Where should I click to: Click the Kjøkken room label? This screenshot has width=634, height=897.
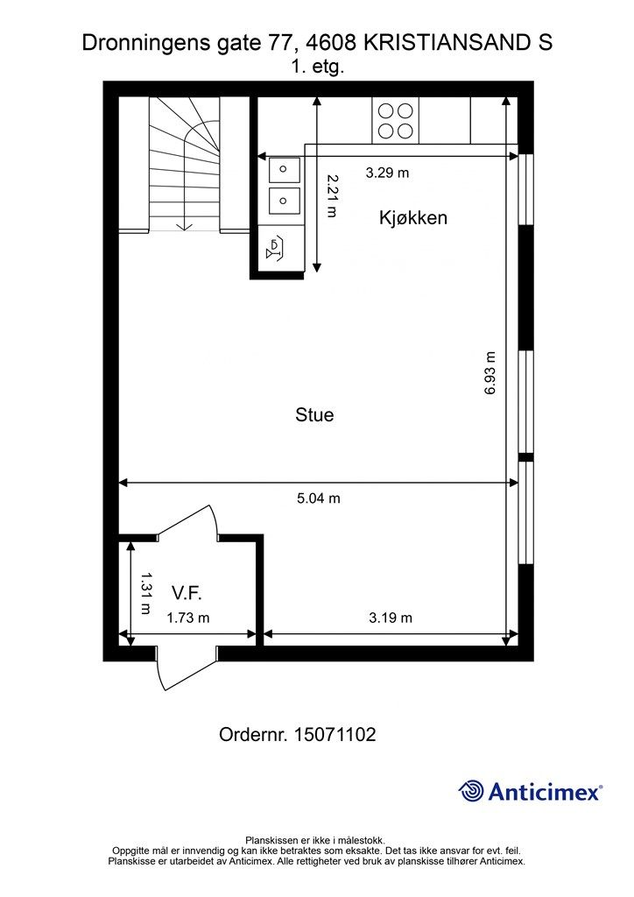[x=412, y=218]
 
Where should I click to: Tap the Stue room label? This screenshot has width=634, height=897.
[x=314, y=414]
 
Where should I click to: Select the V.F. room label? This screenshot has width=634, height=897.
[x=187, y=593]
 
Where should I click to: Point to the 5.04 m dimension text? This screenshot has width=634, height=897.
[x=319, y=498]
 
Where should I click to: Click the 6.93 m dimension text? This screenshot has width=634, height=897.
[x=490, y=373]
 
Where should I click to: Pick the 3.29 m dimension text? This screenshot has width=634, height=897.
[x=388, y=173]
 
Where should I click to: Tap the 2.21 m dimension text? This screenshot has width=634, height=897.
[x=332, y=195]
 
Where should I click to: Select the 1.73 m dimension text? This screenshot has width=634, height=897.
[x=188, y=618]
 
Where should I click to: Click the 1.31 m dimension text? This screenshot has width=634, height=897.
[x=145, y=593]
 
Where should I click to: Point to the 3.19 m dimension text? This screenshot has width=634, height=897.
[x=391, y=618]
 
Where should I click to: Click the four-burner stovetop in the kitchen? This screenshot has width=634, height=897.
[x=396, y=121]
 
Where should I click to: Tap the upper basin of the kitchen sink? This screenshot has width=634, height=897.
[x=284, y=170]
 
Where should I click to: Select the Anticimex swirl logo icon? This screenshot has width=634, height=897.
[x=471, y=791]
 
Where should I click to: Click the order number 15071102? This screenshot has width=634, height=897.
[x=335, y=735]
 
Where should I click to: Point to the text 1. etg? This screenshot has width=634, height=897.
[x=317, y=67]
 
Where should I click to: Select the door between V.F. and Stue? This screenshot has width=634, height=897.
[x=187, y=523]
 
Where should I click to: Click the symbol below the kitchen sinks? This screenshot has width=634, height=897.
[x=275, y=250]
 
